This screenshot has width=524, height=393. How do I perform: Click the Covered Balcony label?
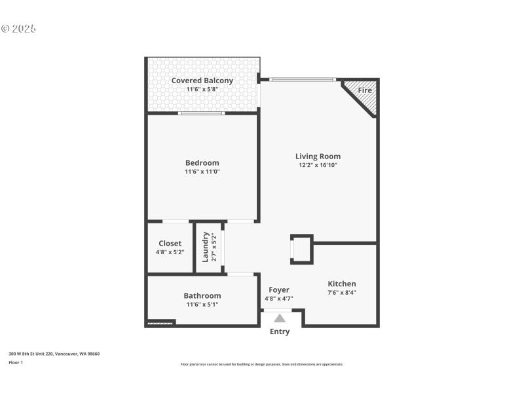click(x=202, y=81)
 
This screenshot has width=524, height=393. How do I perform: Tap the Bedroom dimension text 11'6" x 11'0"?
click(x=202, y=172)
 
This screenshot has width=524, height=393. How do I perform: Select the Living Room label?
click(x=318, y=157)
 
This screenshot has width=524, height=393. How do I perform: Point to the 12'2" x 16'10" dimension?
click(x=318, y=166)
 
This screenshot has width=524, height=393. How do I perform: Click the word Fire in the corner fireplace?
click(x=365, y=90)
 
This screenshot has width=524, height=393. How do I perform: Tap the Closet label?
click(x=170, y=243)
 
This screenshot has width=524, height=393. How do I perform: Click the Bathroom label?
click(x=202, y=295)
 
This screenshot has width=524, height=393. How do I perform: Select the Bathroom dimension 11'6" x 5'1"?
click(x=202, y=304)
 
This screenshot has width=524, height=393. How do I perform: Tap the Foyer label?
click(x=278, y=290)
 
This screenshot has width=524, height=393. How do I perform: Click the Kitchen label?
click(x=342, y=284)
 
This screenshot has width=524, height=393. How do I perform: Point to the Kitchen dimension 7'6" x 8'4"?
click(x=342, y=293)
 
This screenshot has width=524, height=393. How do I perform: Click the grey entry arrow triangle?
click(x=280, y=318)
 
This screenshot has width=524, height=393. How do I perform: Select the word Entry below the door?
click(x=280, y=331)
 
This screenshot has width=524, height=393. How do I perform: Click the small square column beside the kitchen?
click(x=302, y=249)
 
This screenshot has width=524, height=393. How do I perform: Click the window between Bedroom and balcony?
click(x=202, y=113)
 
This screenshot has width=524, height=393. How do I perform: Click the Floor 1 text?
click(x=16, y=362)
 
